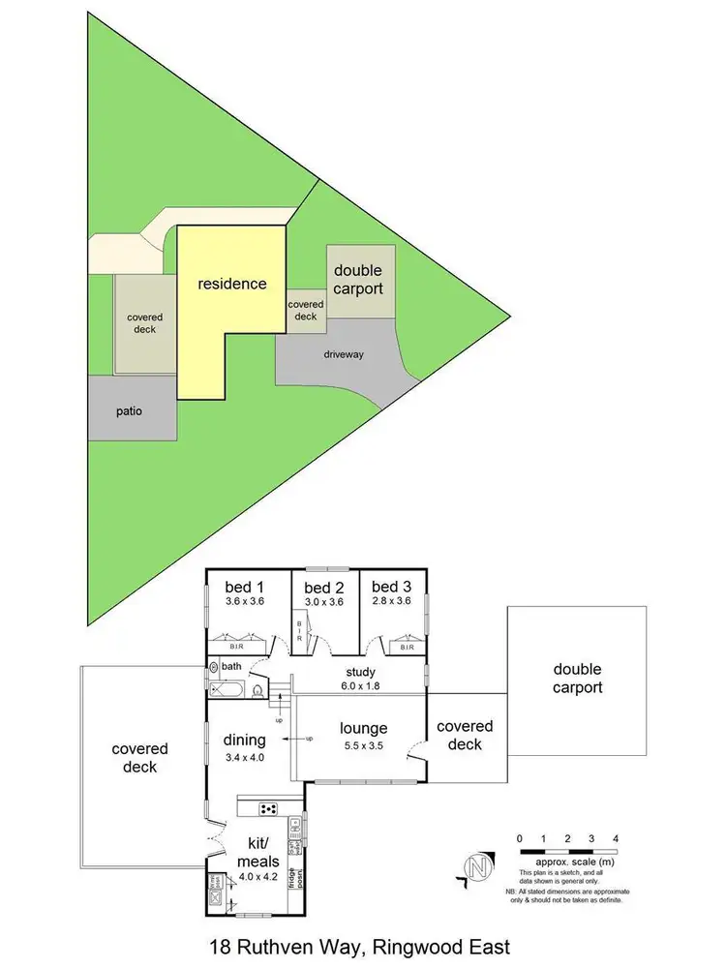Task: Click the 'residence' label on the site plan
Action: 232,284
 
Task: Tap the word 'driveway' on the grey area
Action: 344,355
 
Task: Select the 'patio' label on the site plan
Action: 129,411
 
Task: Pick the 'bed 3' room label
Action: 391,587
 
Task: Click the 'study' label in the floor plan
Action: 358,672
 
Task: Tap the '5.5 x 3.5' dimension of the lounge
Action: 363,747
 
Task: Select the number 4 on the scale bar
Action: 615,838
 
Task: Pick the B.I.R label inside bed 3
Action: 408,647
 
